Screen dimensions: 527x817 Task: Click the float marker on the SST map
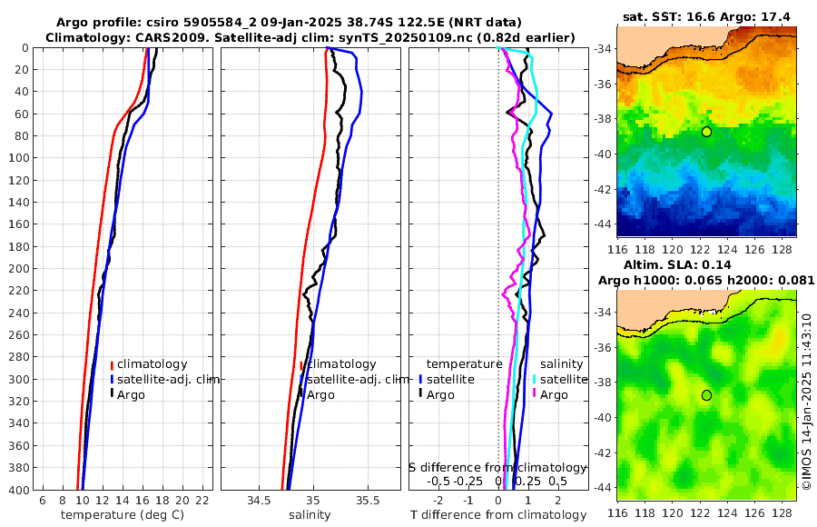706,132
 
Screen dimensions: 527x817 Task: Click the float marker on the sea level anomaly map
706,395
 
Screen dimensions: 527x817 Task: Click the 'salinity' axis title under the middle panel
310,515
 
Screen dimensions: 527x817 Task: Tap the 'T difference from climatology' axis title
498,515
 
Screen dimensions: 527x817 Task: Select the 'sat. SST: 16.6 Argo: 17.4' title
706,17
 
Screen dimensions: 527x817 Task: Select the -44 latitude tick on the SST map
604,223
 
